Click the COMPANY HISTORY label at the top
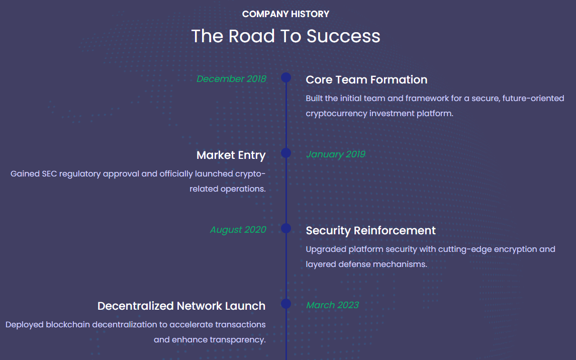(285, 14)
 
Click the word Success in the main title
(343, 36)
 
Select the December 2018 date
(231, 78)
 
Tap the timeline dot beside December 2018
(286, 77)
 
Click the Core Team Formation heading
(366, 79)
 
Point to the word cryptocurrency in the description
(336, 114)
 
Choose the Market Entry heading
(231, 155)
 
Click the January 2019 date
(335, 154)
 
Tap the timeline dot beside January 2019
(286, 153)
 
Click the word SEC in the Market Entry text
(49, 173)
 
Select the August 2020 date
(238, 230)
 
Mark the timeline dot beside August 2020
(286, 228)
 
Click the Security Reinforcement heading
(370, 230)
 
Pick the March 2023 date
(332, 305)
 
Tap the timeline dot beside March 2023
(286, 304)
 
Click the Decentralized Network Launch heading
(181, 306)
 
